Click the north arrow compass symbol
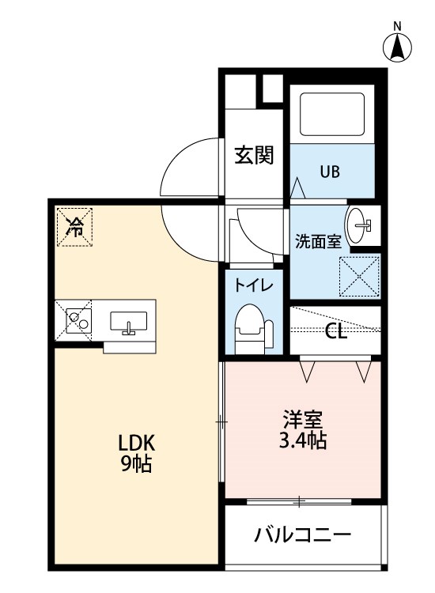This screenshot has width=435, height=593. pos(397,48)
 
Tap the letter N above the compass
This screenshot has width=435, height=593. pos(397,26)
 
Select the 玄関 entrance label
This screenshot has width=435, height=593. pos(254,155)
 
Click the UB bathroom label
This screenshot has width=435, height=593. pos(330,172)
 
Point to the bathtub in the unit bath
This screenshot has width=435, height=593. pos(332,114)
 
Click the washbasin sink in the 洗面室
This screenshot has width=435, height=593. pos(357,225)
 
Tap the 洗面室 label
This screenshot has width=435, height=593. pos(318,241)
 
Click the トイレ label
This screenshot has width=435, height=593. pos(253,285)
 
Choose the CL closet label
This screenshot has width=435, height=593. pos(336,331)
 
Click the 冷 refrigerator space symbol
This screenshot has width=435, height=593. pos(74,227)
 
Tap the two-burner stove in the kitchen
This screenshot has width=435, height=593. pos(78,321)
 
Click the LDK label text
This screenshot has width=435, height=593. pos(137,443)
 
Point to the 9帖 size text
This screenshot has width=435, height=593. pos(136,463)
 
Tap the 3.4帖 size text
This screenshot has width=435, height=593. pos(303,440)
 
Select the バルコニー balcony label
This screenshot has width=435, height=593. pos(303,534)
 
